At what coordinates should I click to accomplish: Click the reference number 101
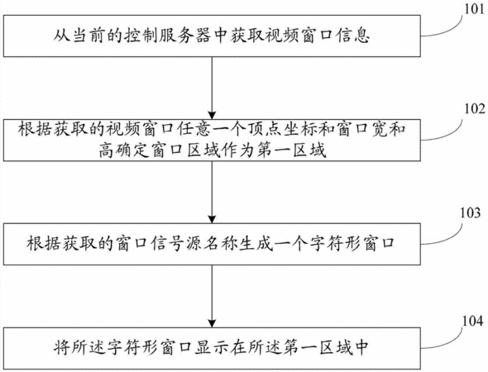click(x=475, y=9)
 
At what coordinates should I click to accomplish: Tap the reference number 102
click(x=475, y=109)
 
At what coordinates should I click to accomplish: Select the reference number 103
click(x=471, y=212)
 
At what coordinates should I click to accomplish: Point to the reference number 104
click(x=472, y=321)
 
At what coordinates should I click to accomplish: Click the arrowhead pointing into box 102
click(x=212, y=115)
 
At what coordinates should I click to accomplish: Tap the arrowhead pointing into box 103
click(x=212, y=219)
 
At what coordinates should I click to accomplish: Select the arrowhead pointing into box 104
click(x=212, y=323)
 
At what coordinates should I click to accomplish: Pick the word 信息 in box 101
click(x=352, y=36)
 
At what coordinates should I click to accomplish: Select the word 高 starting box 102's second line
click(x=107, y=150)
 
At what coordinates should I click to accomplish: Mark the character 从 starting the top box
click(x=62, y=36)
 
